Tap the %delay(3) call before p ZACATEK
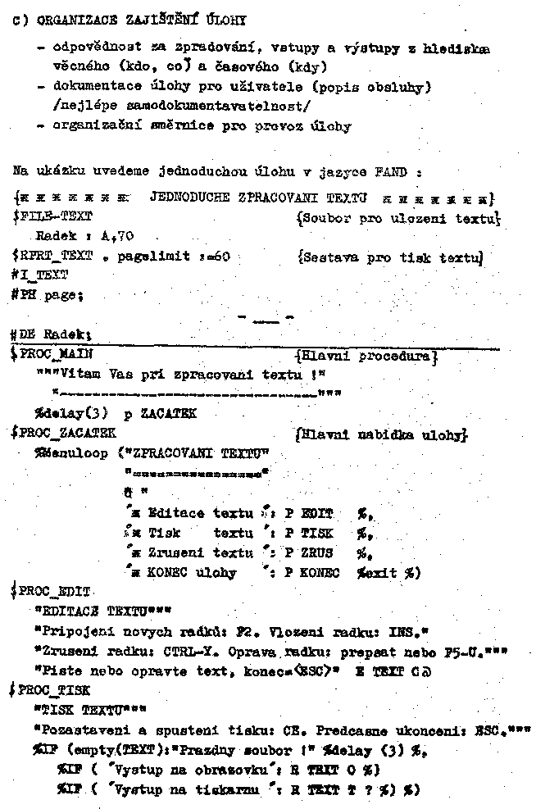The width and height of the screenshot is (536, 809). [69, 414]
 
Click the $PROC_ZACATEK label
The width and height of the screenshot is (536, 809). [64, 433]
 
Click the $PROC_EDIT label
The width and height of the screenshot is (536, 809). [54, 592]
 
